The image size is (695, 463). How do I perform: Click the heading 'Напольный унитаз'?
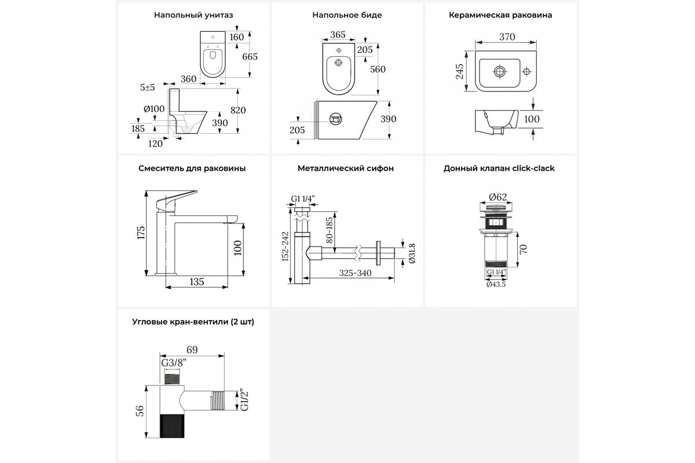click(x=193, y=15)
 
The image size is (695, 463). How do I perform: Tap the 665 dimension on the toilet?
click(x=250, y=56)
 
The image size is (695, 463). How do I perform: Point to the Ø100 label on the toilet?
click(x=154, y=108)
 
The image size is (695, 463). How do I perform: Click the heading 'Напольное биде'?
click(x=347, y=15)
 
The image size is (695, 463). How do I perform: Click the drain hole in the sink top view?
click(x=500, y=71)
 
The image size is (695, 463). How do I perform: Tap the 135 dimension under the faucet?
click(x=197, y=282)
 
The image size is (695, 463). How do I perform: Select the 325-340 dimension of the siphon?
click(x=356, y=273)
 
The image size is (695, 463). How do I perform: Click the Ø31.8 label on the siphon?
click(x=412, y=253)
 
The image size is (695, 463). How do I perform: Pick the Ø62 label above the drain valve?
click(x=498, y=196)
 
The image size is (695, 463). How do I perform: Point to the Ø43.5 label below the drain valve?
click(x=496, y=284)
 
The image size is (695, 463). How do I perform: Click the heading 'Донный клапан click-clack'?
click(x=499, y=168)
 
